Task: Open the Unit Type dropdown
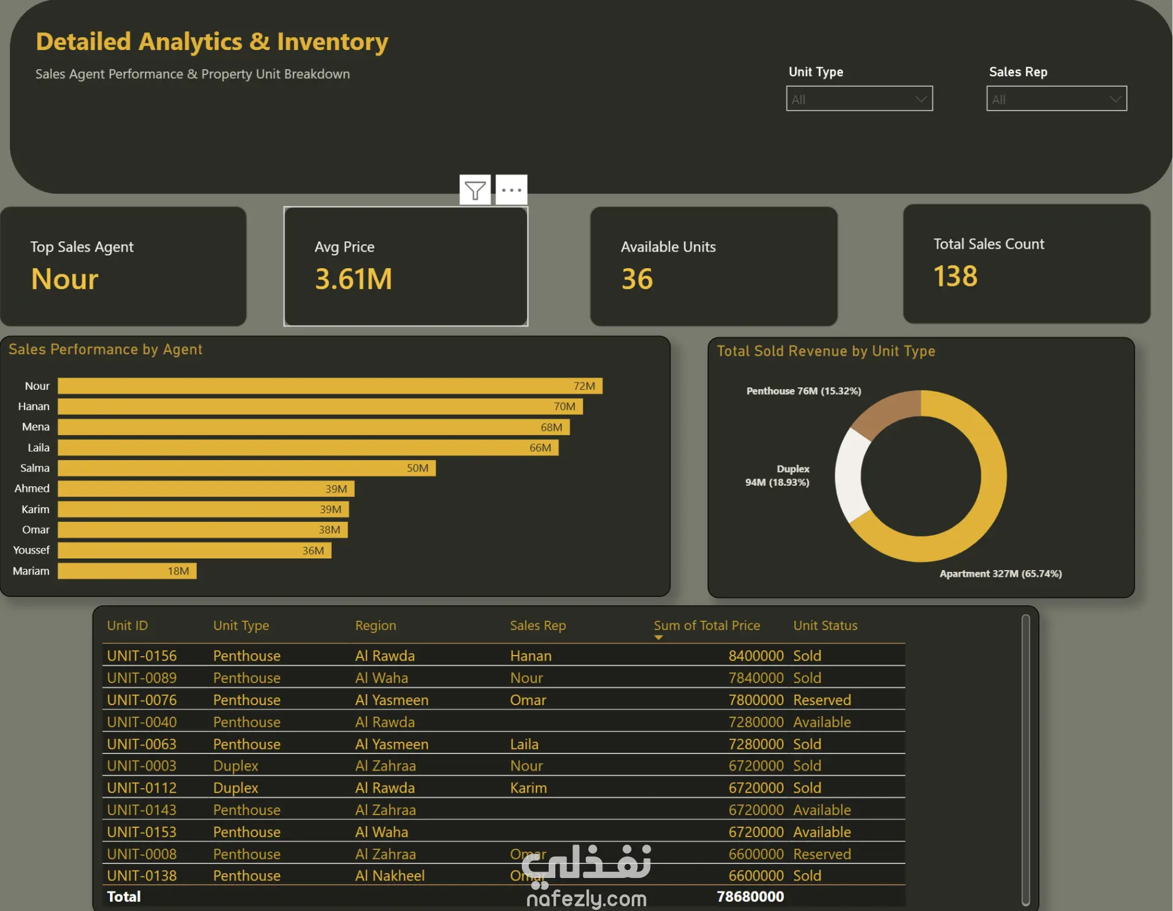coord(859,98)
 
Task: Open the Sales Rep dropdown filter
coord(1056,98)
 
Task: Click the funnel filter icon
coord(475,190)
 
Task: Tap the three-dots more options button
coord(511,190)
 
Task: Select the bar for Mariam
coord(127,571)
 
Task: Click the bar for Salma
coord(247,468)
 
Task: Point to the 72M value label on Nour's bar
coord(584,386)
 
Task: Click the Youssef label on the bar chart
coord(31,550)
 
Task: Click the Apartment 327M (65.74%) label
coord(1001,574)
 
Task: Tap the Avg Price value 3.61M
coord(354,279)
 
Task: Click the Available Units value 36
coord(637,279)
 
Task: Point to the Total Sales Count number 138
coord(956,276)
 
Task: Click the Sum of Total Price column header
coord(707,625)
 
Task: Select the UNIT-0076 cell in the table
coord(142,700)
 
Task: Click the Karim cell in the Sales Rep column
coord(528,788)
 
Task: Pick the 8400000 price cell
coord(756,656)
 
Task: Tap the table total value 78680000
coord(750,896)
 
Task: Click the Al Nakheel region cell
coord(390,876)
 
